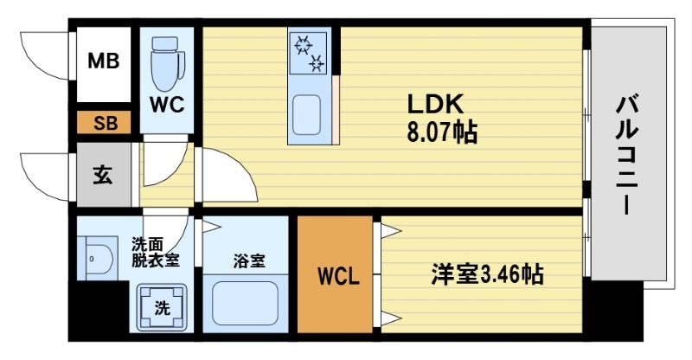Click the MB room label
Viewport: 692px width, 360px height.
[x=104, y=63]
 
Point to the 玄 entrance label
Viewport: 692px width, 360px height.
[x=102, y=175]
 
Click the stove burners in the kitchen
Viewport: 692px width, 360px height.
[x=309, y=51]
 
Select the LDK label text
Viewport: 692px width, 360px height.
[x=437, y=103]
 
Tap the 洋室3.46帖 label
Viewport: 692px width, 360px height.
[x=488, y=275]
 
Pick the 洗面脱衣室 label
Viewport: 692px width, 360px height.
[x=156, y=252]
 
